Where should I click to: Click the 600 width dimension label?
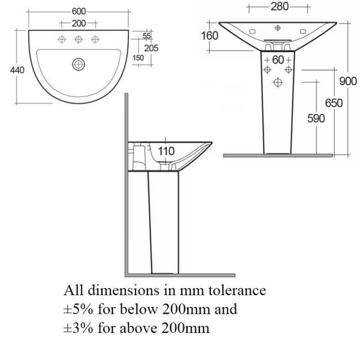(x=79, y=11)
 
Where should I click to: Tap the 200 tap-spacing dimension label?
(x=79, y=23)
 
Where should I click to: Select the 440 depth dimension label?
(x=17, y=70)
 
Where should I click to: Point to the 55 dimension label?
(x=147, y=36)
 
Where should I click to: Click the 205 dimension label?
(x=151, y=48)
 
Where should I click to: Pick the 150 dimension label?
(x=138, y=58)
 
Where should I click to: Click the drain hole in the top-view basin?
(x=78, y=64)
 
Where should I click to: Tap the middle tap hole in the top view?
(x=78, y=39)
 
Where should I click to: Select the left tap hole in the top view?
(x=62, y=39)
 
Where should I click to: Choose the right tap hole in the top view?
(x=95, y=39)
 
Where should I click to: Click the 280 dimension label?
(x=279, y=7)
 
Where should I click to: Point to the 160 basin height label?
(x=209, y=36)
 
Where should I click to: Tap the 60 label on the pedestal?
(x=278, y=60)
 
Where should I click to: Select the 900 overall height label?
(x=348, y=81)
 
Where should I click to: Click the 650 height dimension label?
(x=334, y=103)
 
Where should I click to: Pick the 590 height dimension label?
(x=316, y=118)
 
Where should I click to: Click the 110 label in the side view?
(x=166, y=151)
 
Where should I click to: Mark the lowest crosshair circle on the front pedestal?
(x=278, y=82)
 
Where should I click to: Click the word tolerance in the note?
(x=238, y=290)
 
